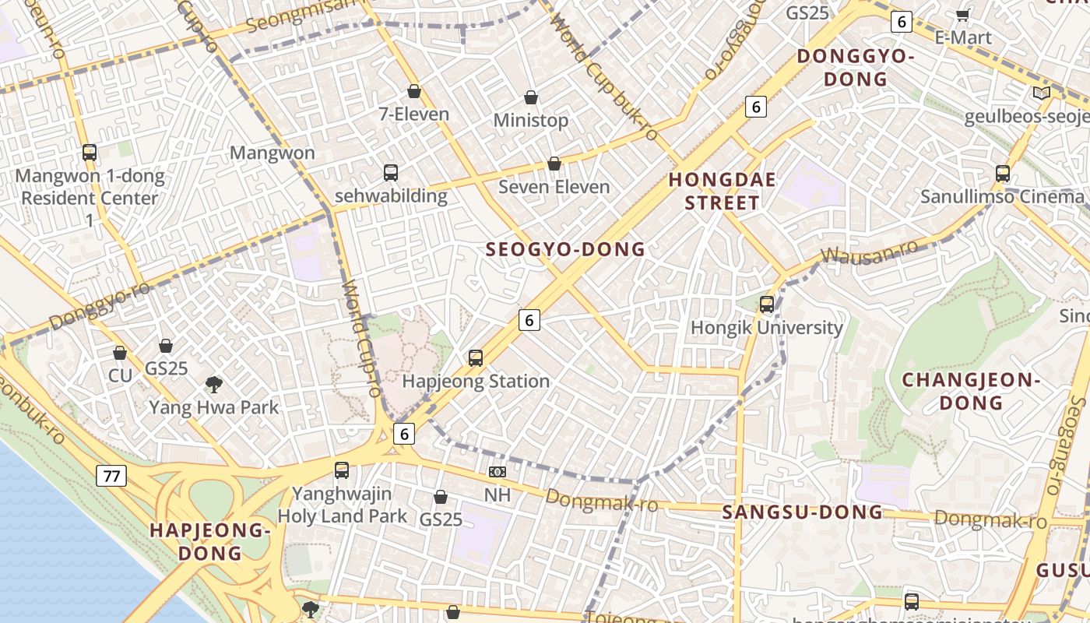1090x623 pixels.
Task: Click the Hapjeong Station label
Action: pos(476,382)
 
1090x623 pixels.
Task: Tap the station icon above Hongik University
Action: pos(767,304)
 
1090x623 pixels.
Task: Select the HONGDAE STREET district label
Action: pos(723,192)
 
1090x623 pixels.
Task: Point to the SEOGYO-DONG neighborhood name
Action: pos(565,249)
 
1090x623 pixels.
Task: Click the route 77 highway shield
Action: pos(111,476)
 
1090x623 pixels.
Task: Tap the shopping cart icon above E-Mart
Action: pos(962,15)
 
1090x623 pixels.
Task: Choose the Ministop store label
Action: pos(531,121)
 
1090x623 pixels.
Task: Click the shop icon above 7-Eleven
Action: pos(414,92)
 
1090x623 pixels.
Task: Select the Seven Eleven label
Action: pos(554,187)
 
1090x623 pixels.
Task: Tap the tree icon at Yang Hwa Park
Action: pos(213,384)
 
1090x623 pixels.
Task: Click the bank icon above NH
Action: pos(497,472)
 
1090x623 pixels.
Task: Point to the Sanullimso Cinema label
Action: pos(1001,196)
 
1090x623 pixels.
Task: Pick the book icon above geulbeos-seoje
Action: pos(1041,93)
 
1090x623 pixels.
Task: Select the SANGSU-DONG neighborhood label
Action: pos(802,512)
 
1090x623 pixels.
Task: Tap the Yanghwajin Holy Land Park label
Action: pos(342,505)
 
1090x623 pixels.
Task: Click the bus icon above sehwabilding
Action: pos(391,173)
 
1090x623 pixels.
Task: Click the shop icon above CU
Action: pos(120,354)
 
